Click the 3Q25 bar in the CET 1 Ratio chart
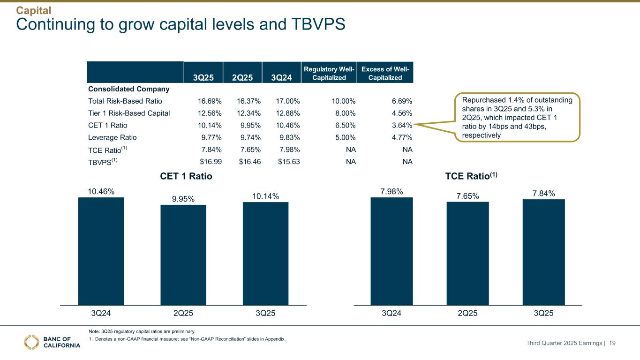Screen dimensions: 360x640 pyautogui.click(x=265, y=253)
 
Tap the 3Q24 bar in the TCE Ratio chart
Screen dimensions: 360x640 pyautogui.click(x=392, y=251)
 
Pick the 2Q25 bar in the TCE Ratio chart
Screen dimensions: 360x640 pyautogui.click(x=468, y=253)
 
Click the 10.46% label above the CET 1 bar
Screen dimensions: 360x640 pyautogui.click(x=101, y=191)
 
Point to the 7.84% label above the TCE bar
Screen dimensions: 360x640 pyautogui.click(x=543, y=194)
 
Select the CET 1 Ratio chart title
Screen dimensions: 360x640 pyautogui.click(x=186, y=176)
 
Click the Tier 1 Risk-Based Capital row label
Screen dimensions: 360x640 pyautogui.click(x=129, y=113)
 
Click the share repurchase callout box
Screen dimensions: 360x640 pyautogui.click(x=518, y=116)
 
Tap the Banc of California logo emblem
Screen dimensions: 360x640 pyautogui.click(x=31, y=342)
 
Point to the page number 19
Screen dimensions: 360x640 pyautogui.click(x=612, y=344)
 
